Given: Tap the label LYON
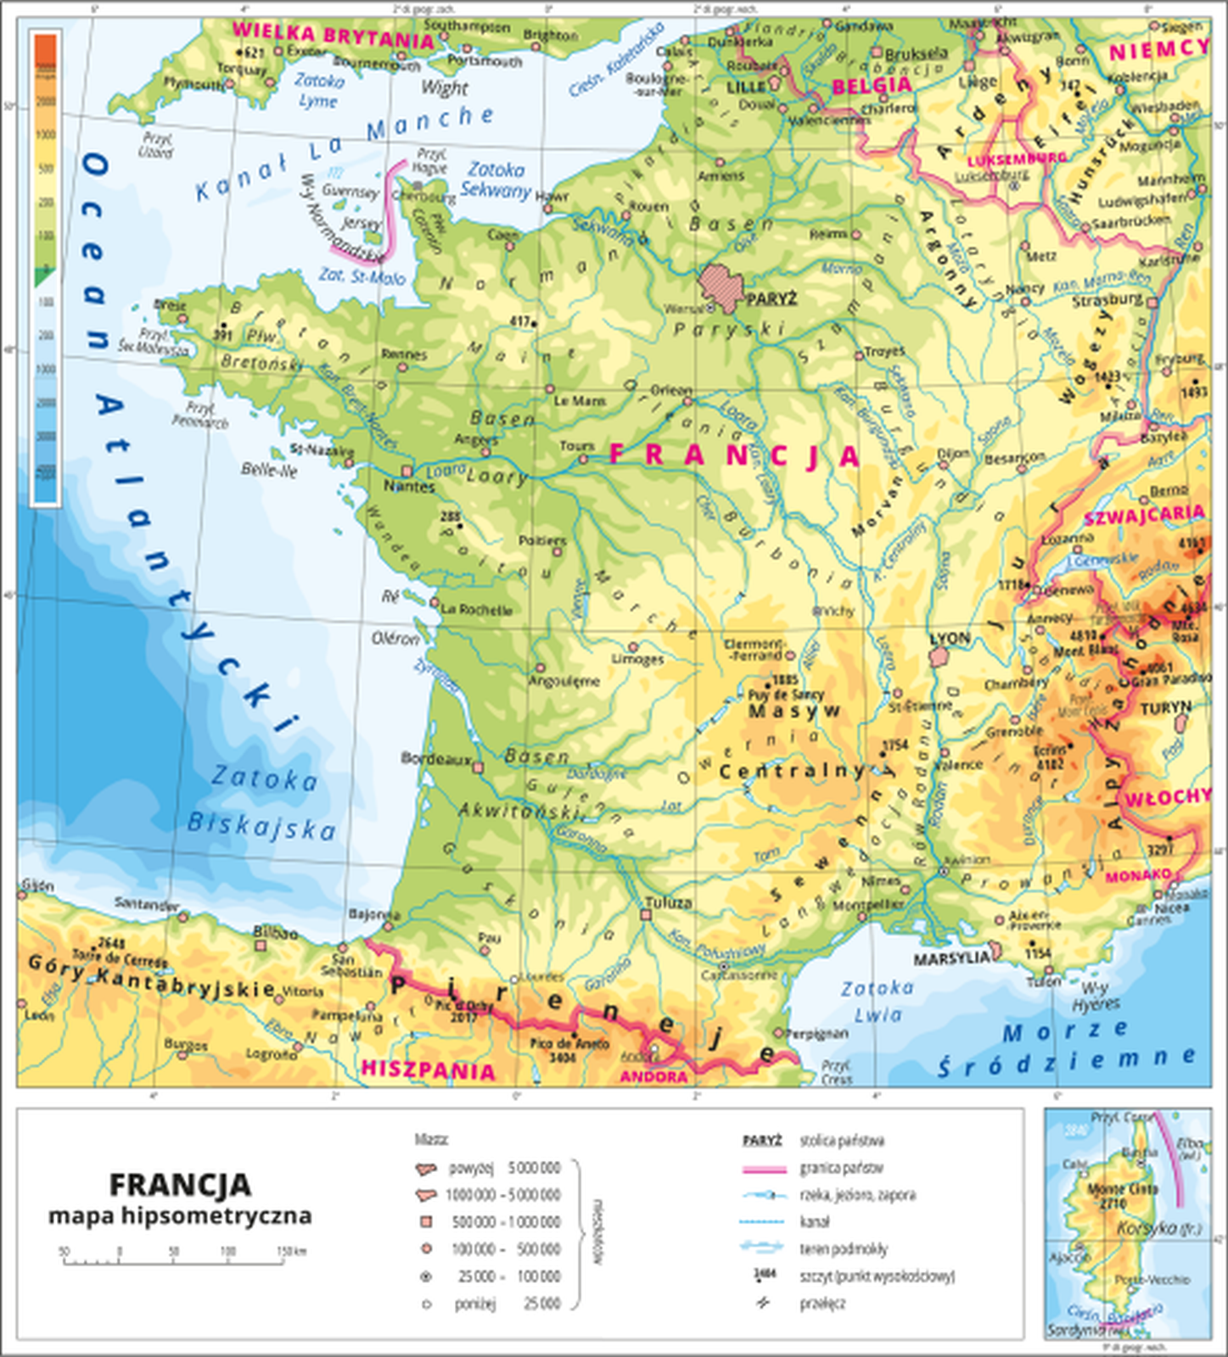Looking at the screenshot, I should [x=949, y=638].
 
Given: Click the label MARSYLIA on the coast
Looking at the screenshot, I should [x=950, y=958].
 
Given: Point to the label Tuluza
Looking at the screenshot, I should [x=668, y=902].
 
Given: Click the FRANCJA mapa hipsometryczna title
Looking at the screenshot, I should [x=180, y=1198].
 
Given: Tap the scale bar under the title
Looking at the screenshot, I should [x=174, y=1262].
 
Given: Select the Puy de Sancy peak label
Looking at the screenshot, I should [x=786, y=694].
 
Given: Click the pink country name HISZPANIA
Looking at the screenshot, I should [x=428, y=1069].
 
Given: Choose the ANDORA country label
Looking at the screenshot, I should [x=653, y=1076].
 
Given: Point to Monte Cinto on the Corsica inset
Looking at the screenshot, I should [x=1117, y=1190].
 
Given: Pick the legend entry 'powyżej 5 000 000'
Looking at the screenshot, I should [x=504, y=1168].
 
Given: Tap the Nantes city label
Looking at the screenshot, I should [x=409, y=487].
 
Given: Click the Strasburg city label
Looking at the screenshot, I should [x=1107, y=300].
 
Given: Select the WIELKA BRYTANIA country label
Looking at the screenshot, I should [x=333, y=35].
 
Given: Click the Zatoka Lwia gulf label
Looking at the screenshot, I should [x=878, y=1001].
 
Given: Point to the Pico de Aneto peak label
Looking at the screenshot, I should [x=569, y=1044].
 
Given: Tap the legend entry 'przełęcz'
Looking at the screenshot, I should [x=822, y=1304].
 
